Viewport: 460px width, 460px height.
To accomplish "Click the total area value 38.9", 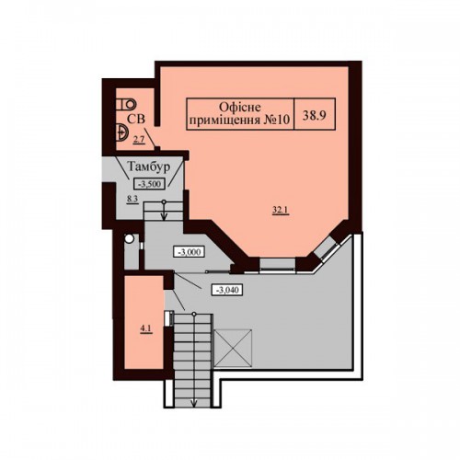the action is click(314, 116).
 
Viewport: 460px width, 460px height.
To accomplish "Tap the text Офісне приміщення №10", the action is click(239, 113).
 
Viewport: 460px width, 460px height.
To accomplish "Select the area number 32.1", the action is click(282, 210).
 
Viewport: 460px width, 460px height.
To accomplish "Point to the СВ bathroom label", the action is click(136, 119).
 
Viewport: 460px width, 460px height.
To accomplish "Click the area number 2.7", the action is click(138, 141).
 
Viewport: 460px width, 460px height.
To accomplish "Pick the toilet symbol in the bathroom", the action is click(126, 104).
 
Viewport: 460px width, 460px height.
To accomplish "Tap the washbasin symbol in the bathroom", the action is click(121, 132).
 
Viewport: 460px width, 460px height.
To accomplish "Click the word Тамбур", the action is click(148, 167).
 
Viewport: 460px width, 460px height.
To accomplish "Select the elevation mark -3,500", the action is click(149, 184).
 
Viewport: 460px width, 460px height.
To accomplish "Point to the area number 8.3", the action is click(132, 200).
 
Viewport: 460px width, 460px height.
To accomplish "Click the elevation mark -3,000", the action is click(189, 252).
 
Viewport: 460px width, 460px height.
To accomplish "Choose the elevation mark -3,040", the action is click(227, 290).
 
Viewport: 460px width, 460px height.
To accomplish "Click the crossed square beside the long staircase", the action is click(233, 348).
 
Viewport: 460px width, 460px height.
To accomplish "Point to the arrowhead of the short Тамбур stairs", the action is click(164, 216).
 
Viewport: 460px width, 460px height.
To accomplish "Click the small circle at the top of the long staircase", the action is click(194, 314).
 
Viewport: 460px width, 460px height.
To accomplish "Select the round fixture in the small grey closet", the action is click(129, 238).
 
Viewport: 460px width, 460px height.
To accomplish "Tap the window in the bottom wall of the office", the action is click(278, 266).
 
